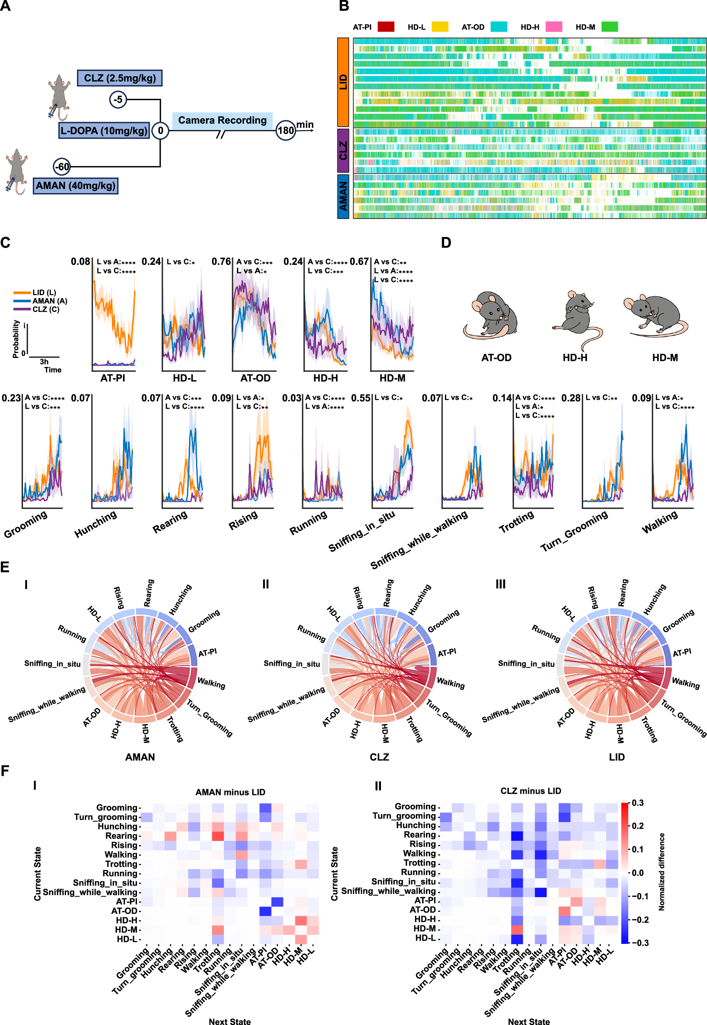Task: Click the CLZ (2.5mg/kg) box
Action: click(x=120, y=78)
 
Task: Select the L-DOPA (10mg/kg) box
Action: click(x=104, y=131)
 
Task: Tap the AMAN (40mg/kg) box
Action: click(x=75, y=185)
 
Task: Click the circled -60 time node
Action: click(x=62, y=167)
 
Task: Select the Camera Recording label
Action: click(x=222, y=121)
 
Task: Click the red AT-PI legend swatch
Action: click(x=386, y=27)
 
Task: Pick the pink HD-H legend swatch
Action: click(x=554, y=27)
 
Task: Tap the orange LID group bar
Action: click(x=343, y=82)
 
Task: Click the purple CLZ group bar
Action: click(x=343, y=150)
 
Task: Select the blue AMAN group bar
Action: click(x=343, y=196)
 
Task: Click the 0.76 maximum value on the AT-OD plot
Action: click(x=221, y=262)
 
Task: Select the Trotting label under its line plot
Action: click(x=517, y=522)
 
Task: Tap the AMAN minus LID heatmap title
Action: click(x=230, y=792)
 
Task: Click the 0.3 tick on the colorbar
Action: click(x=637, y=803)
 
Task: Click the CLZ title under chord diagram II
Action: click(x=379, y=757)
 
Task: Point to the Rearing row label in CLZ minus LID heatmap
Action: click(x=420, y=835)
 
